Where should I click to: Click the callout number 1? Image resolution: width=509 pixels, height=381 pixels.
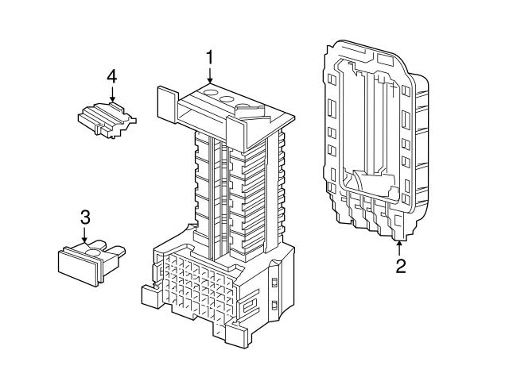[x=211, y=57]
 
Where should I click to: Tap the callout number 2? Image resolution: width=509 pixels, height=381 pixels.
[x=401, y=266]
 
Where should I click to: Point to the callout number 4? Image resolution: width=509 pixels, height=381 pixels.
[x=112, y=76]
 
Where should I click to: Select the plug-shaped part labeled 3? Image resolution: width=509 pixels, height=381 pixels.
[x=89, y=260]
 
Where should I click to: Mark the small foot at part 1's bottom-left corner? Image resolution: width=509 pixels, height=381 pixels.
[x=150, y=294]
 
